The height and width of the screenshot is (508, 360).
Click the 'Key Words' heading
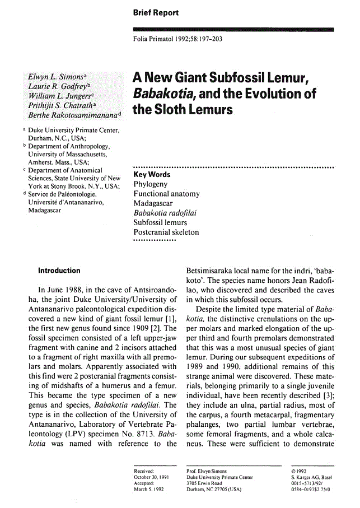point(151,175)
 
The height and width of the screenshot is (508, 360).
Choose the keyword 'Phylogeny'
point(150,184)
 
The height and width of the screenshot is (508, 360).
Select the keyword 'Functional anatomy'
point(166,194)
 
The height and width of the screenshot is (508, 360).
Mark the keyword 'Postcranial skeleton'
point(166,232)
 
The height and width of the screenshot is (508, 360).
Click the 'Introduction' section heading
point(59,271)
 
